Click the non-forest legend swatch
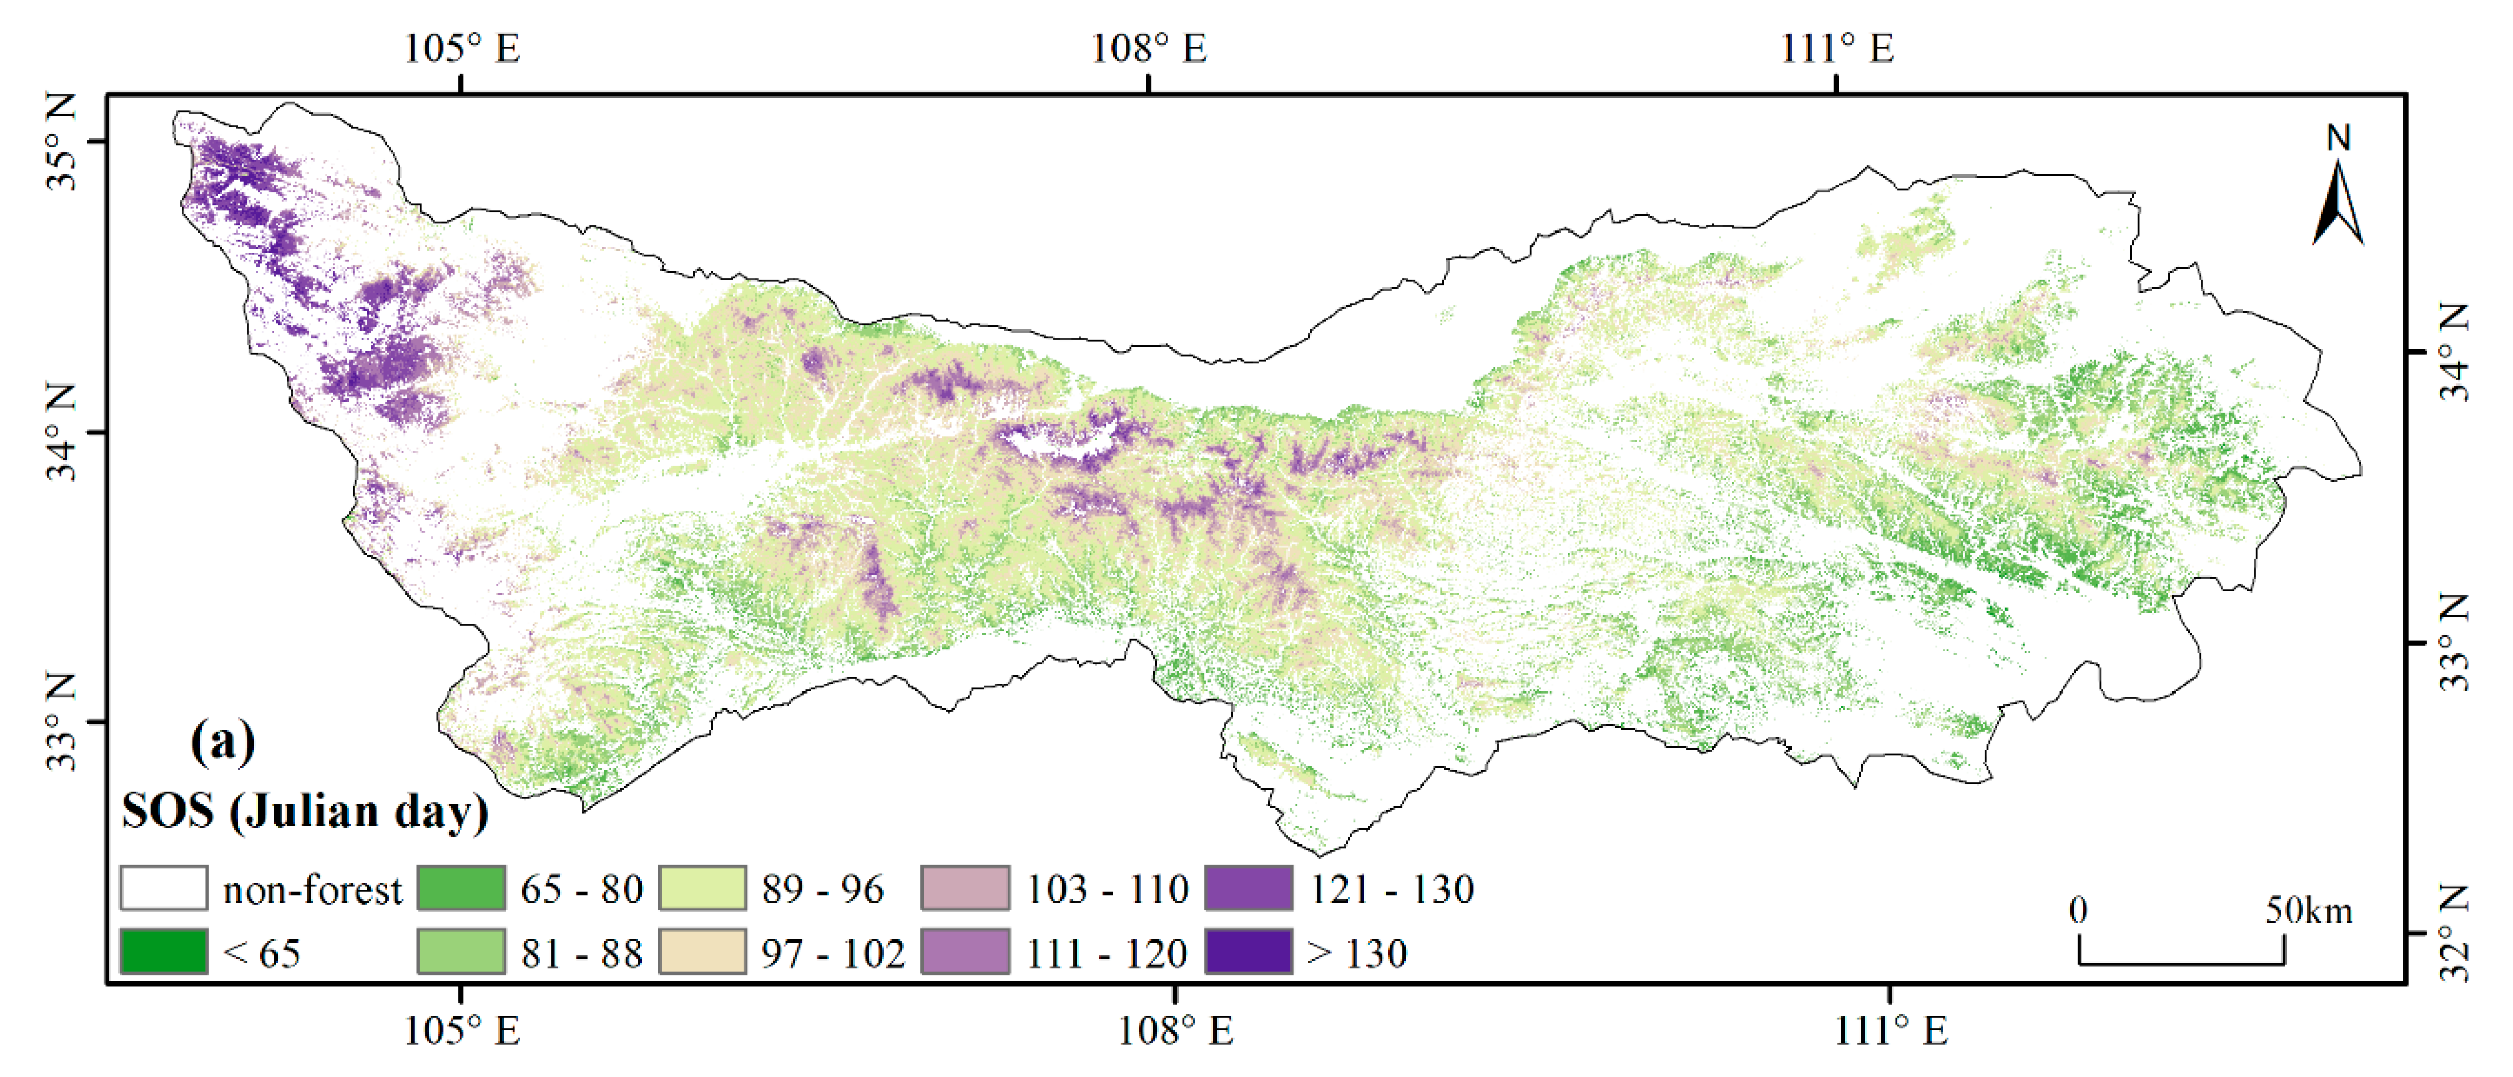tap(163, 888)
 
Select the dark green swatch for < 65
tap(163, 951)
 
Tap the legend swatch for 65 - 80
tap(460, 888)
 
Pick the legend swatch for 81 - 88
tap(460, 951)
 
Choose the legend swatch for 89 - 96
tap(703, 888)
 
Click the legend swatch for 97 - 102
tap(703, 951)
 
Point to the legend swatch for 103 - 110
tap(965, 888)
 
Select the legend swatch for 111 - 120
tap(965, 951)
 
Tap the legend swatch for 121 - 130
tap(1249, 888)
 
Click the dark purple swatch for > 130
tap(1249, 951)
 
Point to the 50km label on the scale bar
tap(2308, 910)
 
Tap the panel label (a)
tap(224, 742)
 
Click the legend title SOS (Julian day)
tap(305, 812)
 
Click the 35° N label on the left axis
tap(61, 142)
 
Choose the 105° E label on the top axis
tap(461, 49)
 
